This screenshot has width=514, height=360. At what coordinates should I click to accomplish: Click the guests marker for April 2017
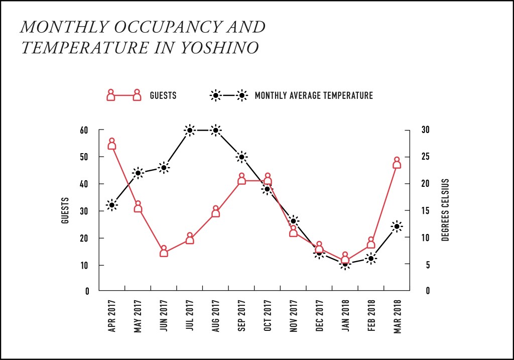tap(112, 145)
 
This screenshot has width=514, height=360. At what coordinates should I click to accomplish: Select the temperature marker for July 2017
tap(190, 130)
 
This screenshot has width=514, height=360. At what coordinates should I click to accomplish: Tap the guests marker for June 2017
tap(164, 252)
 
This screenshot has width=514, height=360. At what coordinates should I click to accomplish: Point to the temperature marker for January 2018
tap(345, 264)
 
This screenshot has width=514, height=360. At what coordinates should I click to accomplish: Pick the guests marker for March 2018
tap(397, 164)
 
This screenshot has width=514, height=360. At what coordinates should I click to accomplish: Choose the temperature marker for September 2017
tap(241, 157)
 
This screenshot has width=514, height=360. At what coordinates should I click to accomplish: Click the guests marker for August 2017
tap(216, 212)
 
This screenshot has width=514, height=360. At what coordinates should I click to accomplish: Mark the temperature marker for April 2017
tap(112, 205)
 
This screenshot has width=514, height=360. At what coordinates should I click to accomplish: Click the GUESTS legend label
tap(163, 95)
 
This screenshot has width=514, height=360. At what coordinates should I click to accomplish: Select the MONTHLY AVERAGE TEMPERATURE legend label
tap(314, 95)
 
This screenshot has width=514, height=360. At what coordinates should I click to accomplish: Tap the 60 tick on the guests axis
tap(84, 130)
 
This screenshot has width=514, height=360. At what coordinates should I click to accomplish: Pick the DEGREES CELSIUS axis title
tap(445, 210)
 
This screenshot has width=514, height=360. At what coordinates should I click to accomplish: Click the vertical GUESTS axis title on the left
tap(65, 210)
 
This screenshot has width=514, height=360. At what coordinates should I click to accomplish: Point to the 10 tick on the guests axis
tap(84, 265)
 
